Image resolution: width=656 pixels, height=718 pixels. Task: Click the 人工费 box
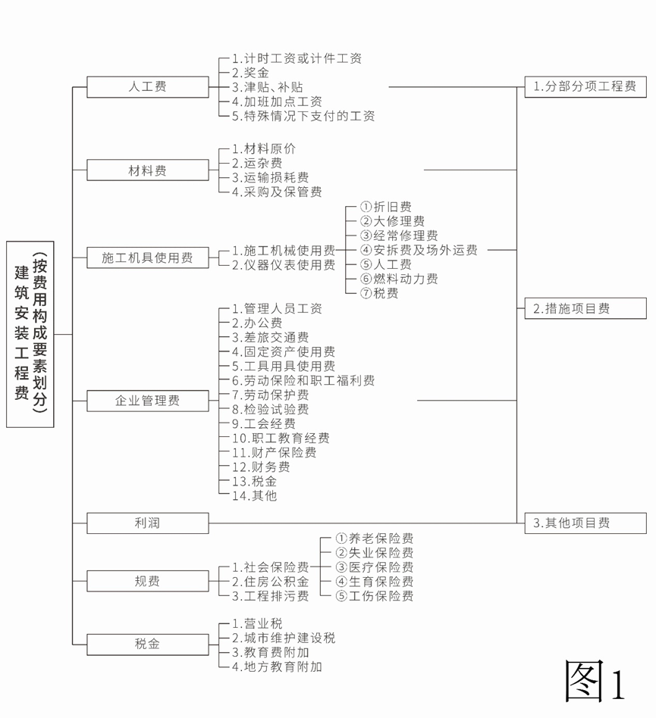click(x=148, y=87)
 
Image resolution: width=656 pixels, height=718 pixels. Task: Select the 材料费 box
click(x=148, y=170)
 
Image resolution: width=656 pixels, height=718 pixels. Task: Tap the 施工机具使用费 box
click(x=148, y=258)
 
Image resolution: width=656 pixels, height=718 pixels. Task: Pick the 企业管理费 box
click(x=148, y=401)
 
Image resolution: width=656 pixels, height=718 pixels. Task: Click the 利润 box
click(x=148, y=523)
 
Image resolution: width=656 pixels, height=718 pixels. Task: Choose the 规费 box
click(x=148, y=581)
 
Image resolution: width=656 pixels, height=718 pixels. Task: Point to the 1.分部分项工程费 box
click(x=585, y=87)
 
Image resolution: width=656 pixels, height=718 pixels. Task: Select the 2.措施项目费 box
click(x=585, y=308)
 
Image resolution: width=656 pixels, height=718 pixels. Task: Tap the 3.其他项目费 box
click(x=585, y=523)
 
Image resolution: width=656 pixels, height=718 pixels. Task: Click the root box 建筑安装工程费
click(x=30, y=334)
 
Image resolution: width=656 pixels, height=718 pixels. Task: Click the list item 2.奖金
click(x=250, y=73)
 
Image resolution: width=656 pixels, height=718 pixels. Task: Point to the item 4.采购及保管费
click(x=277, y=192)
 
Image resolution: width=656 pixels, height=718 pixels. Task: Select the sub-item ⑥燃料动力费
click(x=399, y=279)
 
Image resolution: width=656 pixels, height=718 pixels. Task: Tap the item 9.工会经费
click(x=264, y=423)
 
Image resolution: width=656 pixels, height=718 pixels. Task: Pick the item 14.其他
click(x=254, y=495)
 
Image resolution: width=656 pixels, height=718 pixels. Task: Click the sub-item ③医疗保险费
click(x=375, y=567)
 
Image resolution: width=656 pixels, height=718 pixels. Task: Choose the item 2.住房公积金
click(x=270, y=582)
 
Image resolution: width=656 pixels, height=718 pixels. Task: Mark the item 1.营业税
click(x=257, y=623)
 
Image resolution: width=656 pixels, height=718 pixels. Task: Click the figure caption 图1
click(x=595, y=682)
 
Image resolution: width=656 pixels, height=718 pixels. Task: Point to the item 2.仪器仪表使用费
click(x=284, y=264)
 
